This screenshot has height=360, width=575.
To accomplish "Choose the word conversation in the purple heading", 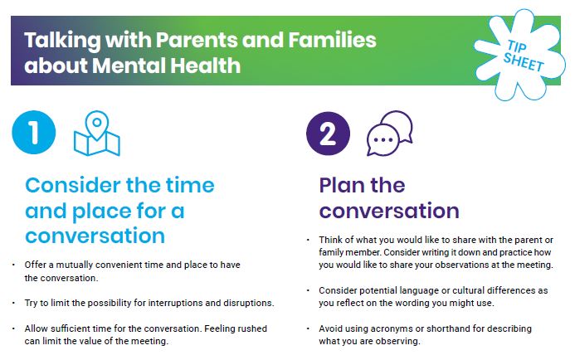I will [x=389, y=210].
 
